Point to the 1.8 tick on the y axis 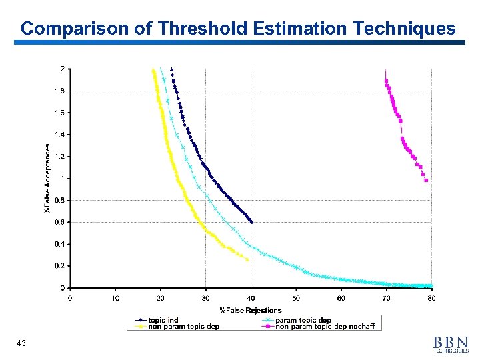(x=60, y=91)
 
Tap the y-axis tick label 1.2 (x=60, y=157)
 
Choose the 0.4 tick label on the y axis (x=60, y=244)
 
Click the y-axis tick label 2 (x=63, y=69)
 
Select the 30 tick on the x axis (x=205, y=298)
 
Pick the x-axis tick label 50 (x=295, y=298)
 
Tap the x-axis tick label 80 (x=431, y=298)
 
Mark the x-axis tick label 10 (x=115, y=298)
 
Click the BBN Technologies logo (x=450, y=344)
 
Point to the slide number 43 (x=21, y=343)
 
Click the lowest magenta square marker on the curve (x=426, y=180)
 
